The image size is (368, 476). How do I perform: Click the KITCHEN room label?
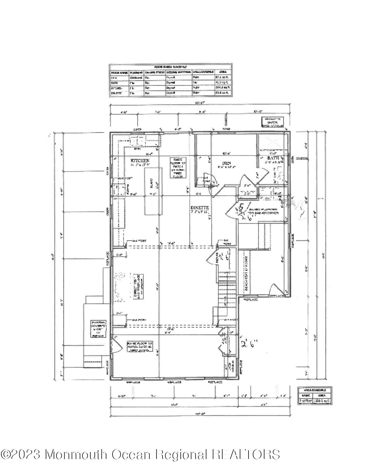(140, 160)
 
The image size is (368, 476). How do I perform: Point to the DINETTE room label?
(199, 208)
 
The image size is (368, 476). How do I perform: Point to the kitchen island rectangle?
(153, 192)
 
